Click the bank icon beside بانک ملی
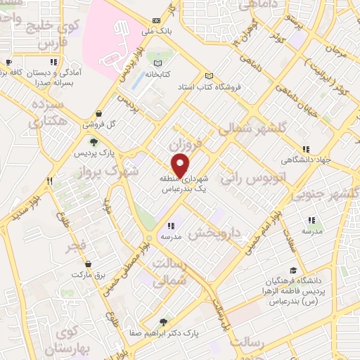tap(155, 21)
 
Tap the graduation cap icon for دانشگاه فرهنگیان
tap(292, 270)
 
